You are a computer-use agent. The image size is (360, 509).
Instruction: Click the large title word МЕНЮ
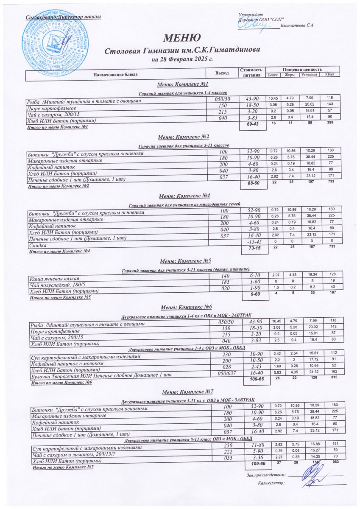tap(179, 38)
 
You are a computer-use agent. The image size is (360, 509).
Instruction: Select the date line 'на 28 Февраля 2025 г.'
tap(182, 59)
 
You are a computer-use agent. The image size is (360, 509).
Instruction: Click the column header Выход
tap(222, 73)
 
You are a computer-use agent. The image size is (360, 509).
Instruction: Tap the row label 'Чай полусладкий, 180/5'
tap(54, 285)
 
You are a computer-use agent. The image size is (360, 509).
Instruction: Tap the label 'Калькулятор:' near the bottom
tap(271, 483)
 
